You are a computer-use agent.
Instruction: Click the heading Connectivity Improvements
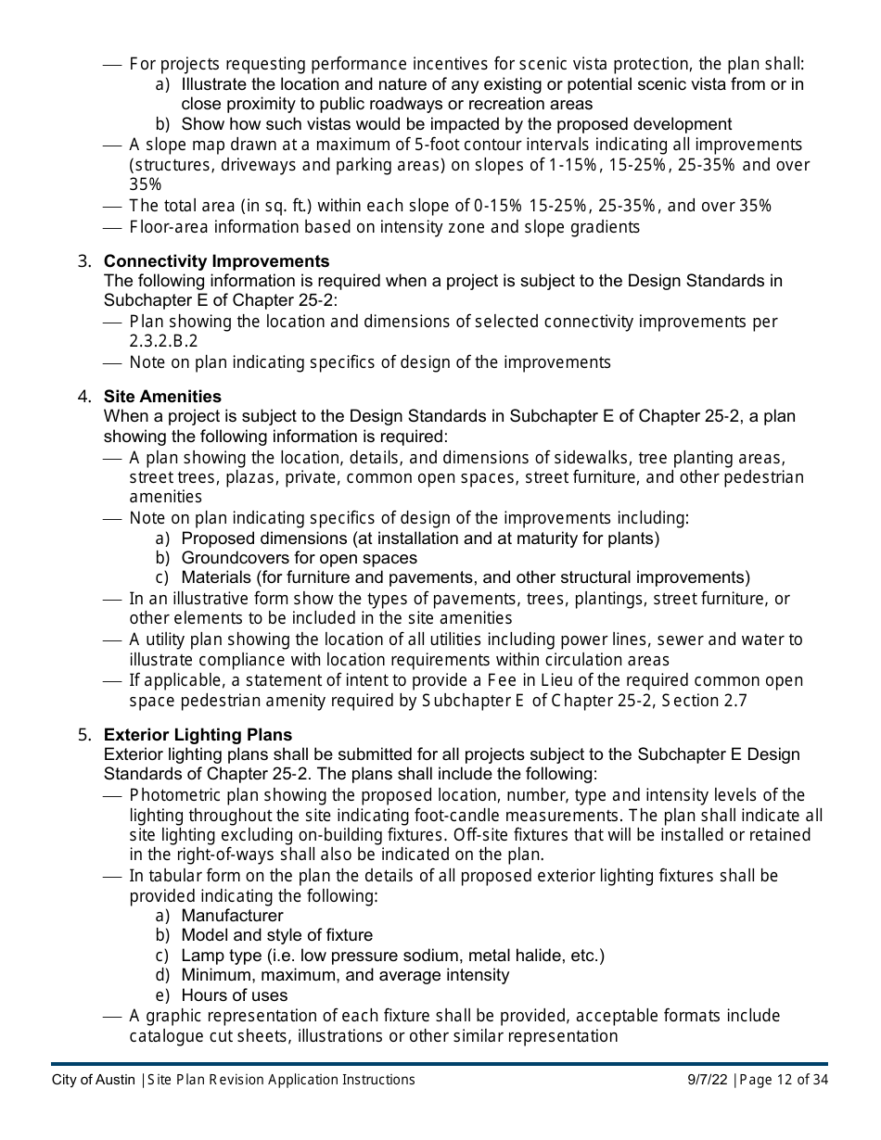point(216,261)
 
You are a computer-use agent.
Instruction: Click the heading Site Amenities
point(162,397)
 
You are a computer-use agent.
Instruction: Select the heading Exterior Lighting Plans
point(198,735)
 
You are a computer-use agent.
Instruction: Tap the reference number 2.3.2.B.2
point(163,341)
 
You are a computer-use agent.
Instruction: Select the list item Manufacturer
point(232,916)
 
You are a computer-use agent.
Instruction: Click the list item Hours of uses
point(234,995)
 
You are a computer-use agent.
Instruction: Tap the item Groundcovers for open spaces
point(299,558)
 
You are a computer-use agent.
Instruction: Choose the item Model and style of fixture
point(276,935)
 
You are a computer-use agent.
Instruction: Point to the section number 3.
point(83,261)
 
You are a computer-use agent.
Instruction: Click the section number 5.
point(83,735)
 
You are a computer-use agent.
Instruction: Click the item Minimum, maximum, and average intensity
point(345,975)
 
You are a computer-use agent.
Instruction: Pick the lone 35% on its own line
point(146,184)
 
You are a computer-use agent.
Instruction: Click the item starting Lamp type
point(392,956)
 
